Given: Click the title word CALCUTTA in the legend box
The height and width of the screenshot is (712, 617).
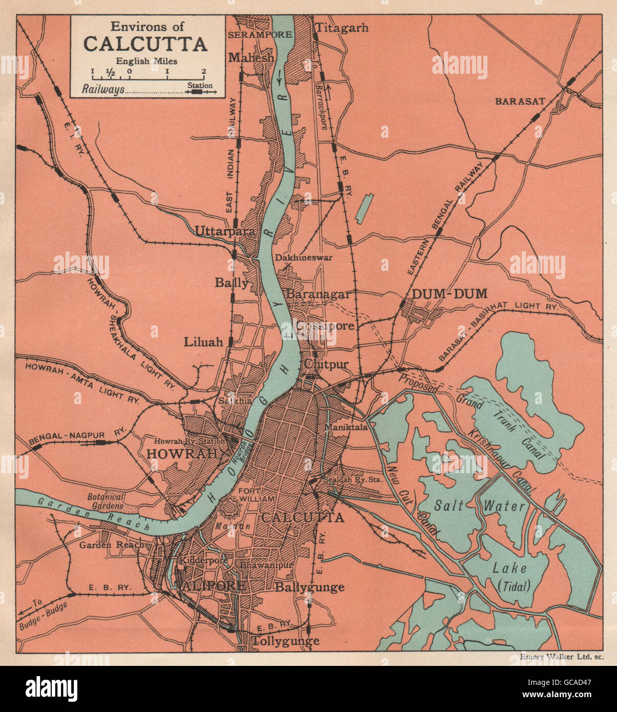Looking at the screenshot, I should (145, 44).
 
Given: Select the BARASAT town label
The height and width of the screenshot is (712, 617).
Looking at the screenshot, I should (520, 101).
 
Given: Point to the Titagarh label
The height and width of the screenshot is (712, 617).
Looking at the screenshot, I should (342, 28).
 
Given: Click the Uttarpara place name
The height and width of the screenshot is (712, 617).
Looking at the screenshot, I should (224, 232).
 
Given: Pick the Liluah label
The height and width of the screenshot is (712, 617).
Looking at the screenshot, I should (204, 341).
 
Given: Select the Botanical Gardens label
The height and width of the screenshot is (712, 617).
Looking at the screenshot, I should (106, 501).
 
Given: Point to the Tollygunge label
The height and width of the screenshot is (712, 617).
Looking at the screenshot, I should (285, 641).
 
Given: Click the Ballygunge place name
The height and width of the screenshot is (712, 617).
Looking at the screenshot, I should (310, 587).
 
